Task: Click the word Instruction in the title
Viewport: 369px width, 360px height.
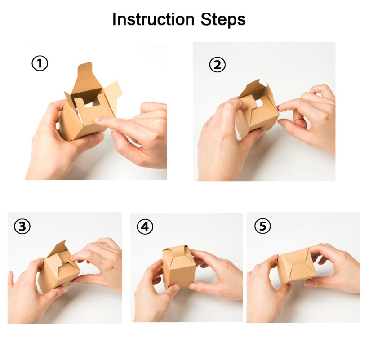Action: [x=153, y=19]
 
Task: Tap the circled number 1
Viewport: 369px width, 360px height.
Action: [x=40, y=63]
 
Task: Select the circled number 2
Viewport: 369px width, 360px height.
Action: [x=217, y=65]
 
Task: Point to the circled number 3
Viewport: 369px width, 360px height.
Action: [x=22, y=227]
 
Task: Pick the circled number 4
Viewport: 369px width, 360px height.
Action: [x=145, y=227]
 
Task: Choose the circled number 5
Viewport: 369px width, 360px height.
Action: [x=262, y=226]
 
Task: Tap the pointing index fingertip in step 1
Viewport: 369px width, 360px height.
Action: [x=97, y=120]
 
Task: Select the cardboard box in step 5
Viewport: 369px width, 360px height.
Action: [x=296, y=266]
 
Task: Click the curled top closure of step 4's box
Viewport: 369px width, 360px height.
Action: [x=179, y=250]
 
